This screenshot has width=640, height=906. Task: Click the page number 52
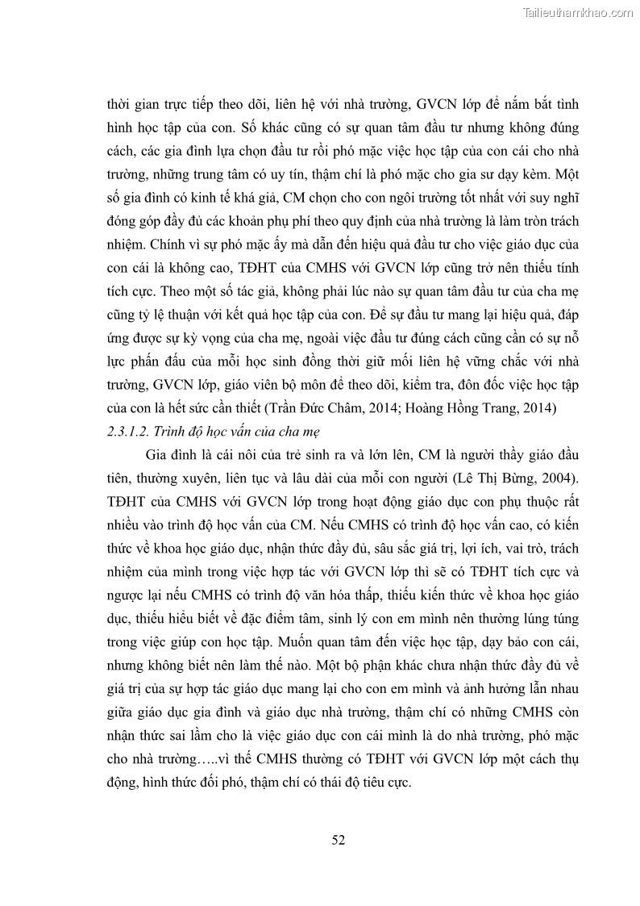[339, 840]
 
